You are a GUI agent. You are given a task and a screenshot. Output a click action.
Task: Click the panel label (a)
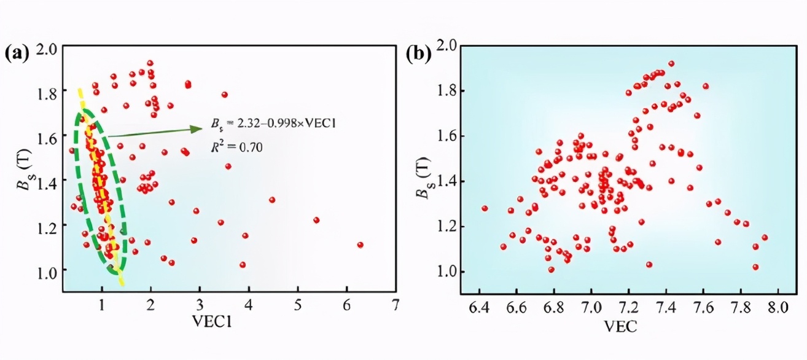tap(17, 53)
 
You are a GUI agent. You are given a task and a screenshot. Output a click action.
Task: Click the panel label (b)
tap(419, 53)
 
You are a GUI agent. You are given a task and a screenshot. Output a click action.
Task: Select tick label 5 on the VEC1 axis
tap(297, 304)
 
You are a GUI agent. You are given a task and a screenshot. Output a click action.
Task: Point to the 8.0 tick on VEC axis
tap(778, 305)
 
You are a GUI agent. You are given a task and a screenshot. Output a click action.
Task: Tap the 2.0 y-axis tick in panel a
tap(47, 48)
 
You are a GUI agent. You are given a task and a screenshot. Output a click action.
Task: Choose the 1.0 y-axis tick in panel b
tap(446, 272)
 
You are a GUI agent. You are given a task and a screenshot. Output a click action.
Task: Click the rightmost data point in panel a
tap(360, 245)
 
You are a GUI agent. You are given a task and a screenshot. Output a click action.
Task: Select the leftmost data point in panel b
tap(485, 208)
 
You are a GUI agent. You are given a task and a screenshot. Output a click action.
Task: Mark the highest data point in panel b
tap(671, 63)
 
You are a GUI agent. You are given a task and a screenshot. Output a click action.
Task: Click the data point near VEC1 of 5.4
tap(316, 220)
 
